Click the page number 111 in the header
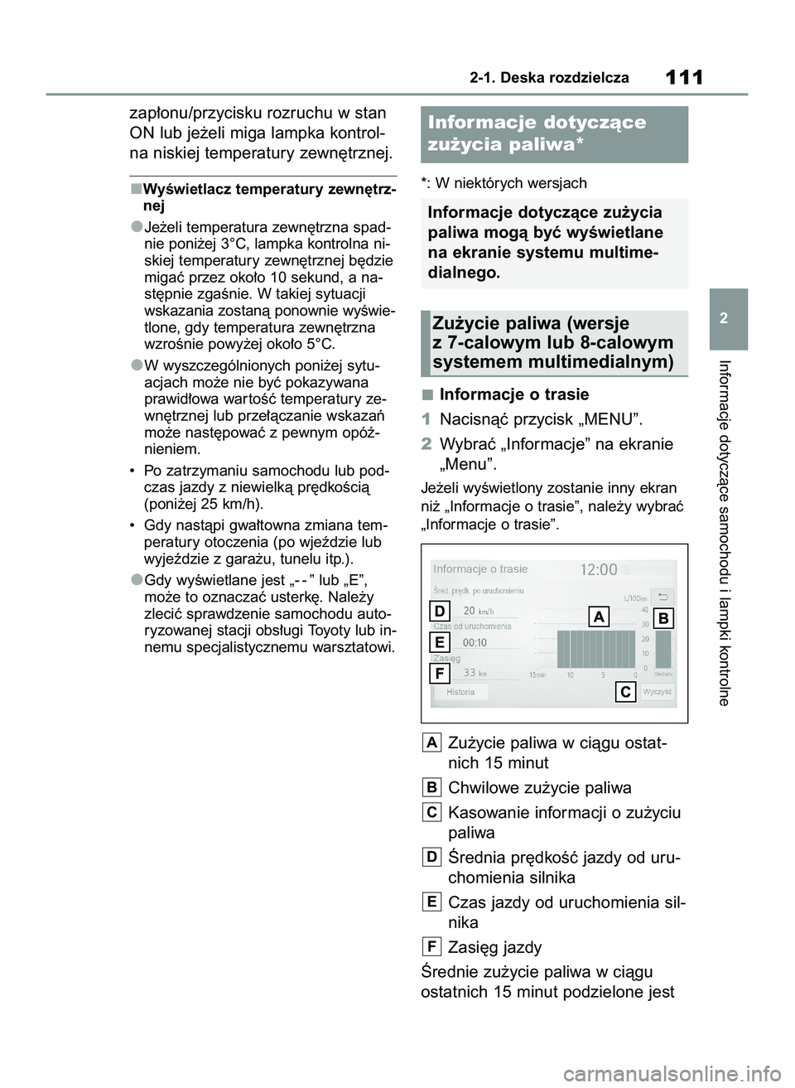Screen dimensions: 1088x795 coord(684,78)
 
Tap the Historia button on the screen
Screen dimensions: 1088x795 coord(460,692)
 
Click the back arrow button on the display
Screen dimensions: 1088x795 coord(662,597)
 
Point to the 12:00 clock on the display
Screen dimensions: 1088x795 coord(599,570)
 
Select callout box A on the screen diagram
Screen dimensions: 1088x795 coord(599,617)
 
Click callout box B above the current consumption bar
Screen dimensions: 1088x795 coord(662,618)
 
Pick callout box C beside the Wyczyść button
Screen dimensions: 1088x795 coord(625,692)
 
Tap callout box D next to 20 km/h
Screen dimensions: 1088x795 coord(440,612)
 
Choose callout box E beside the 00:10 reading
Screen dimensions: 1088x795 coord(440,642)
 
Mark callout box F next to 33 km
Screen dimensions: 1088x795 coord(440,673)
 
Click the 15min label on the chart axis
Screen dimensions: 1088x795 coord(537,675)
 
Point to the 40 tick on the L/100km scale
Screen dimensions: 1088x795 coord(645,610)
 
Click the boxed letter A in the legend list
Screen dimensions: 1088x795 coord(431,743)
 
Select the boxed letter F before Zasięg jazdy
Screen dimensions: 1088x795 coord(431,947)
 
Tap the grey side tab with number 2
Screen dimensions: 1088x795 coord(728,318)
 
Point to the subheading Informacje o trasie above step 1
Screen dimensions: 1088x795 coord(513,394)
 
